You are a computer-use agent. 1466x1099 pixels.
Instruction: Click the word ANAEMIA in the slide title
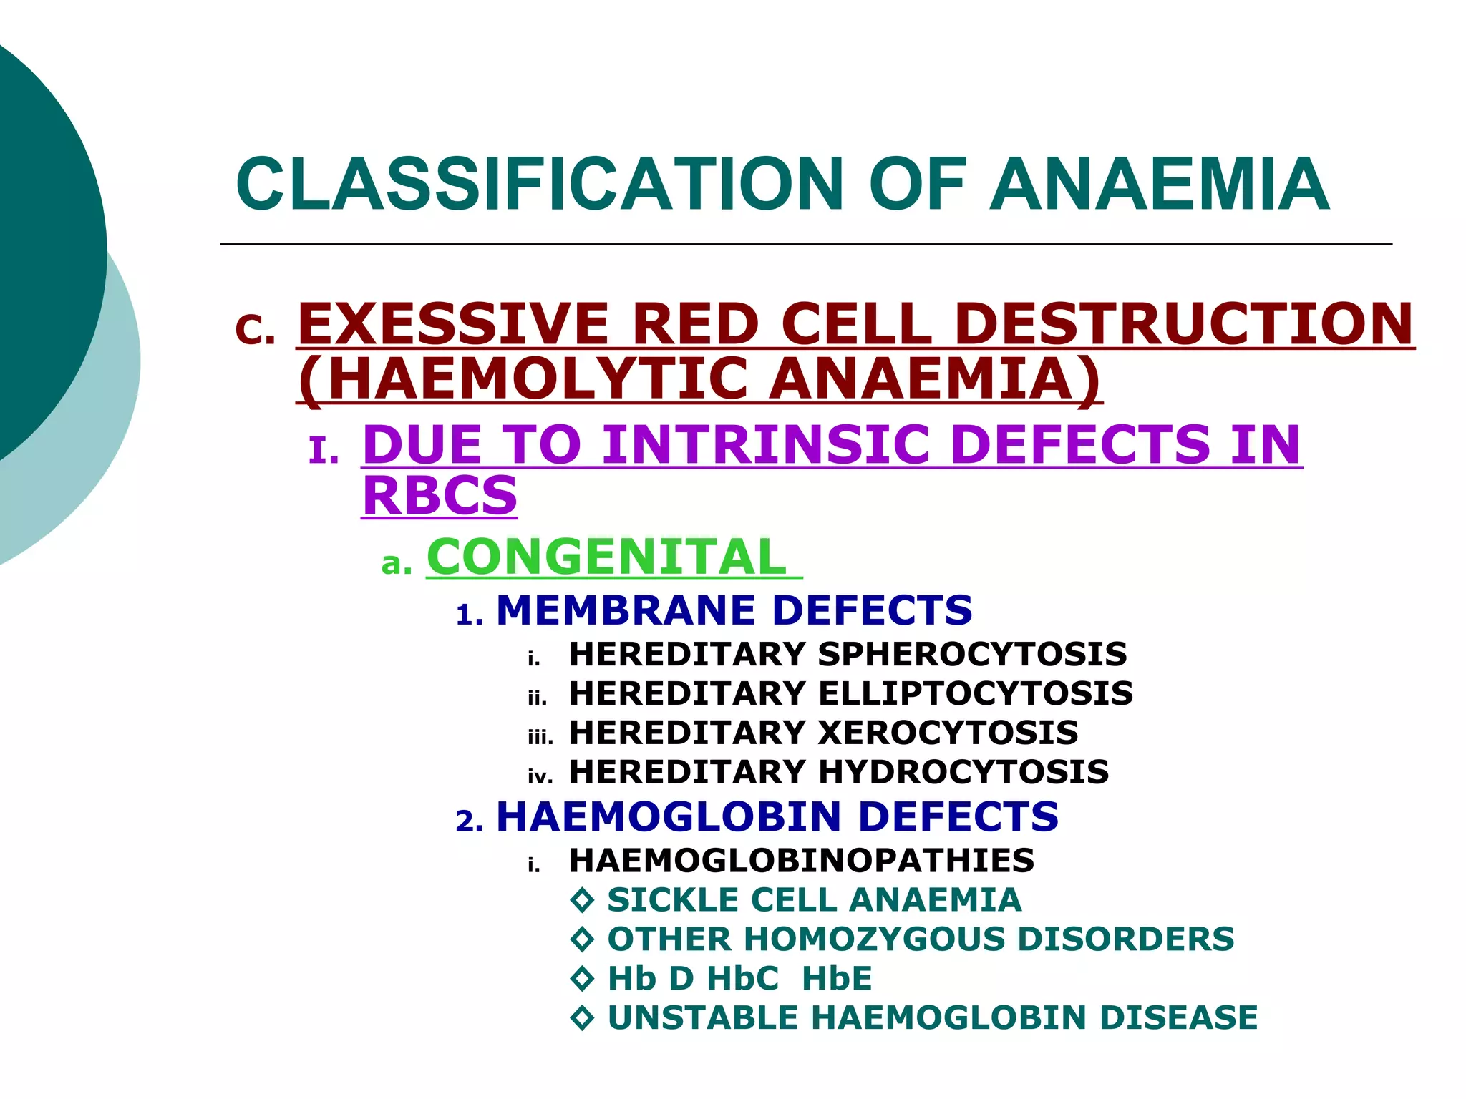[1160, 185]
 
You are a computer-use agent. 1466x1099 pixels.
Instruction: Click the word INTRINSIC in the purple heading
[765, 444]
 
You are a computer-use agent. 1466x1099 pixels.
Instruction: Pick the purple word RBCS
[440, 495]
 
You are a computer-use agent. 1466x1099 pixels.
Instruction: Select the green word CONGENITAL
[607, 557]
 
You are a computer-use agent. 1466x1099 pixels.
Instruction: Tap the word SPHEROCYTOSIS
[972, 654]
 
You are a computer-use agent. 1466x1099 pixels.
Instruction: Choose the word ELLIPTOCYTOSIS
[975, 693]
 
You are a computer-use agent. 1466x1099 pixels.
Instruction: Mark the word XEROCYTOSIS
[948, 733]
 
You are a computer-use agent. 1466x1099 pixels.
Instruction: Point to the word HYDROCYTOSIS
[963, 772]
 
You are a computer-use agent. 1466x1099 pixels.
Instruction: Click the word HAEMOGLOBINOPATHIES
[801, 860]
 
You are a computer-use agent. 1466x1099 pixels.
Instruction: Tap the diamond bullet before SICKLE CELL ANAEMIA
[583, 900]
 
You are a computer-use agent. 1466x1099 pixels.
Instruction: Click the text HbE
[837, 979]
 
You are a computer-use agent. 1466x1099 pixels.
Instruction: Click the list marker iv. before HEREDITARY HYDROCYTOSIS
[540, 777]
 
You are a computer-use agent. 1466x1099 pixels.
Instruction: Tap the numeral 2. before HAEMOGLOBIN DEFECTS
[470, 821]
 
